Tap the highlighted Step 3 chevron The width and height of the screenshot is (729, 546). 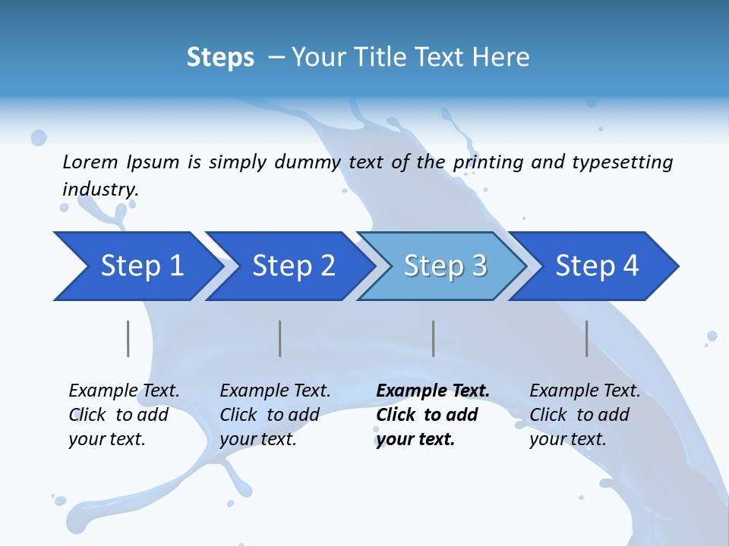click(x=445, y=266)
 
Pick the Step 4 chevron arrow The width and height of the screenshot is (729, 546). click(x=597, y=266)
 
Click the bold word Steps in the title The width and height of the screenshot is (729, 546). click(x=220, y=58)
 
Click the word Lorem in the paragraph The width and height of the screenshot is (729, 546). click(x=90, y=162)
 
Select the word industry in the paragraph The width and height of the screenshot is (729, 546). click(x=99, y=190)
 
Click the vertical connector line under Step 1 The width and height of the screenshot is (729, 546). click(x=128, y=338)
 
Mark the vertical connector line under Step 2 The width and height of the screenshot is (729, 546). click(x=280, y=338)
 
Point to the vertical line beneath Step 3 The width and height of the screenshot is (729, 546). click(x=434, y=338)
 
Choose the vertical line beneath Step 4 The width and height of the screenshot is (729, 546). click(x=587, y=338)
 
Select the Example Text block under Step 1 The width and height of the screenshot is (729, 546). click(x=124, y=415)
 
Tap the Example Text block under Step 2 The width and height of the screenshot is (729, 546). click(x=275, y=415)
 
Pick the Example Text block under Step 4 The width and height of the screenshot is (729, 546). click(x=585, y=415)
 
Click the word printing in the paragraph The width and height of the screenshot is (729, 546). click(x=487, y=162)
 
